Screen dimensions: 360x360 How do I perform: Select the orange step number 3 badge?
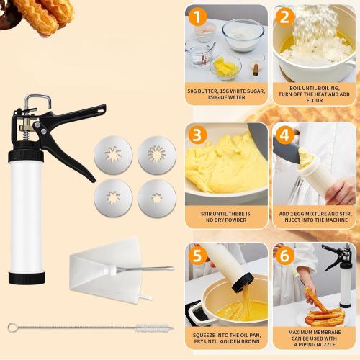point(198,136)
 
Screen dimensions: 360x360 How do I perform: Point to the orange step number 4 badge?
point(285,136)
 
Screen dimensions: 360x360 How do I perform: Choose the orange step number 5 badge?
point(198,256)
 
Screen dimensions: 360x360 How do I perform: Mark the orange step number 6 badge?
point(285,256)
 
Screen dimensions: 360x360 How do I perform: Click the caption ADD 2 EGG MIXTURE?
point(313,217)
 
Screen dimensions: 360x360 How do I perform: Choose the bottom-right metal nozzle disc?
point(158,196)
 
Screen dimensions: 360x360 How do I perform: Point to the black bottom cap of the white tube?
point(27,276)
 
